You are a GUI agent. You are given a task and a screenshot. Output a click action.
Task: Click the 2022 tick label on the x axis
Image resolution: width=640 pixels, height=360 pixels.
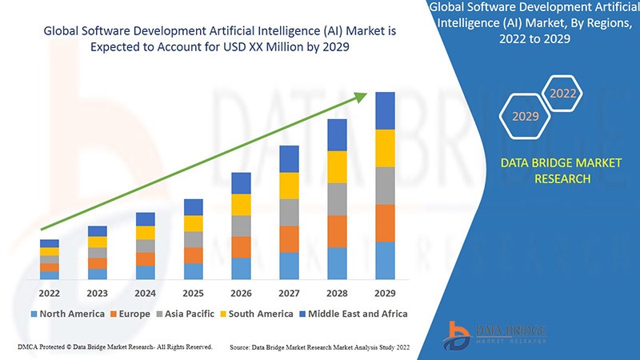pos(50,292)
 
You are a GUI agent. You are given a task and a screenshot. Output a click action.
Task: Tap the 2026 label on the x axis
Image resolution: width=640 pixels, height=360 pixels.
pos(242,292)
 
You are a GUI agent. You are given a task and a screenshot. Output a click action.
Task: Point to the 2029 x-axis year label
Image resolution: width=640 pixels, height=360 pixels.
pos(386,292)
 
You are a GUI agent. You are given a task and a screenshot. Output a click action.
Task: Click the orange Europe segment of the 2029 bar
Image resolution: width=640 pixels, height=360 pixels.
pos(386,223)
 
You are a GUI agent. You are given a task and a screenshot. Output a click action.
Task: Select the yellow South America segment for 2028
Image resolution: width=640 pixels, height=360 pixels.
pos(338,166)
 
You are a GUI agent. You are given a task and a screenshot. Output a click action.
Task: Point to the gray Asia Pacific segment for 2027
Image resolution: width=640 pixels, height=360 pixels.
pos(290,212)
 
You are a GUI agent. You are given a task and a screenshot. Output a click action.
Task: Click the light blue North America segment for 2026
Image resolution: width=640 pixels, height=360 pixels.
pos(242,269)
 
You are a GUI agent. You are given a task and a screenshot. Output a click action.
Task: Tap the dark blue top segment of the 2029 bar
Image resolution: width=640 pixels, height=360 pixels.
pos(386,110)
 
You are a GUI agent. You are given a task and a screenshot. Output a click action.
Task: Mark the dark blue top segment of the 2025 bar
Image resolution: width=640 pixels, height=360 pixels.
pos(194,207)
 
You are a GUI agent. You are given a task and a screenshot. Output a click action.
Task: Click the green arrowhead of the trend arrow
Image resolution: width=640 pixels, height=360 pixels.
pos(361,97)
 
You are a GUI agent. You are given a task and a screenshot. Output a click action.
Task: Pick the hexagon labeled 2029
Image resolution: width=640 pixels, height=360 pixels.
pos(526,117)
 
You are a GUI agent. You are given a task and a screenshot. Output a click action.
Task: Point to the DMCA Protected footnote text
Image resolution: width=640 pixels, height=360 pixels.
pos(114,346)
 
